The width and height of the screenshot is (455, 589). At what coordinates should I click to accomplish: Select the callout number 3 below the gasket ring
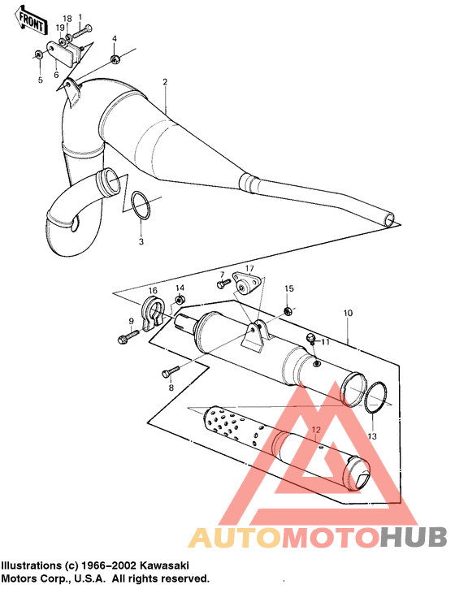(x=140, y=242)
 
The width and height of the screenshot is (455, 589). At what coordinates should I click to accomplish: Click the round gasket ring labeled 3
(x=139, y=206)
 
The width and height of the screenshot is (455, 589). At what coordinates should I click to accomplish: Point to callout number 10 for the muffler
(x=348, y=312)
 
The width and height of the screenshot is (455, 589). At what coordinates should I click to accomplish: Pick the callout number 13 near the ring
(x=372, y=436)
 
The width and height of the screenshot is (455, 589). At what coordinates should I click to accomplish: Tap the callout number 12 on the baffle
(x=316, y=428)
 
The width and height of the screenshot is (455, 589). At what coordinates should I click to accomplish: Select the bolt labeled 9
(x=128, y=336)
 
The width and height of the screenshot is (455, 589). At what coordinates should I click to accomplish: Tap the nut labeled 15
(x=288, y=310)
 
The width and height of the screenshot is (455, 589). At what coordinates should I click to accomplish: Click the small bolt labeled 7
(x=220, y=284)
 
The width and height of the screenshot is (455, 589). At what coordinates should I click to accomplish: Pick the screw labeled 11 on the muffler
(x=310, y=337)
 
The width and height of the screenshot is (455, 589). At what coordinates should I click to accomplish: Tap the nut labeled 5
(x=39, y=55)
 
